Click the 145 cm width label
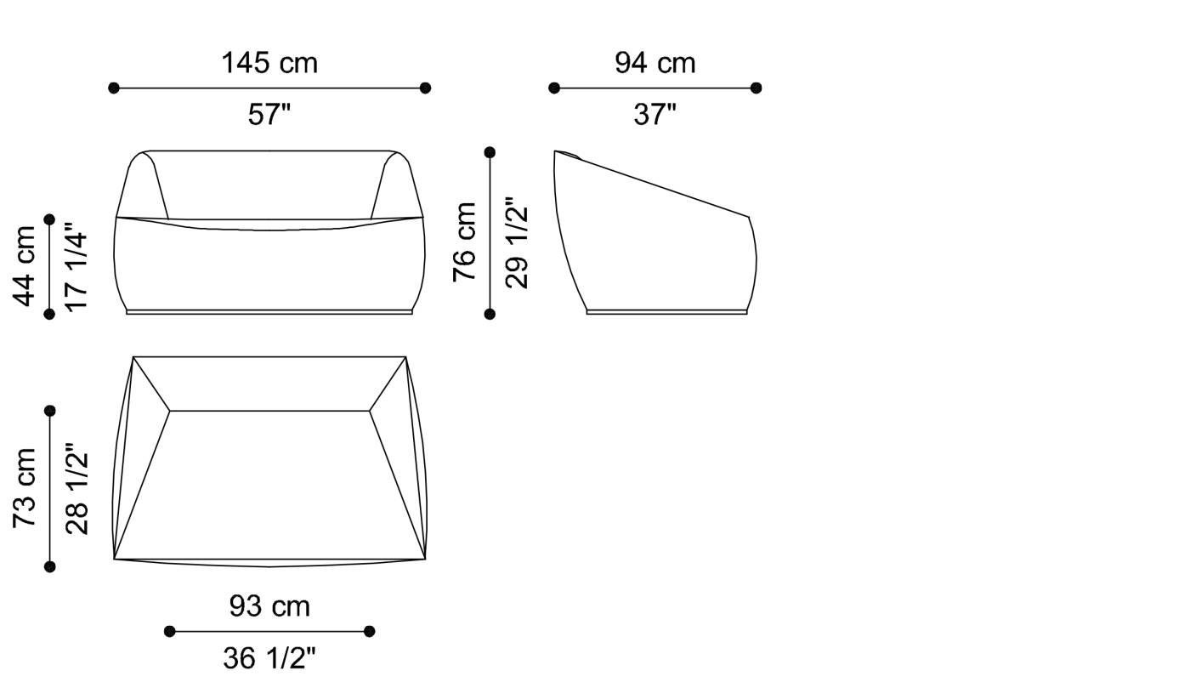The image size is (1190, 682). coord(269,63)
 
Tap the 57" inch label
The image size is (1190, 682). coord(269,114)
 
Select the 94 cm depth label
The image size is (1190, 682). coord(655,63)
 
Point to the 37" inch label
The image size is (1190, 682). coord(655,114)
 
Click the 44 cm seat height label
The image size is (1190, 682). coord(24,266)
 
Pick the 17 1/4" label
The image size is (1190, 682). coord(76,270)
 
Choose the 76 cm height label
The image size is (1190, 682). coord(464,242)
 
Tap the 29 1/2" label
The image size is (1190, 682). coord(517,243)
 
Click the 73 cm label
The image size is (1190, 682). coord(24,488)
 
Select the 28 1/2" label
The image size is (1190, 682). coord(76,488)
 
